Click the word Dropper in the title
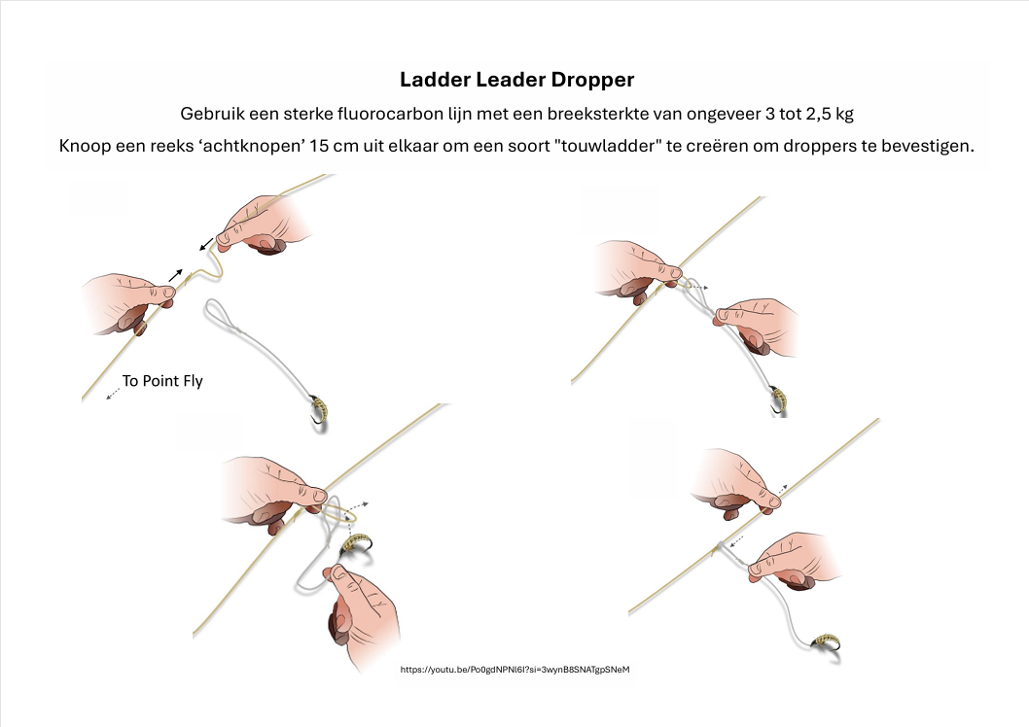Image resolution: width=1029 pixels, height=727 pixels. pos(592,80)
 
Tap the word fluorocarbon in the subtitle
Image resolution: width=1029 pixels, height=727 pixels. pos(390,114)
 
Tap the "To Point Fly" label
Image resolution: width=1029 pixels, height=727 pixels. pos(162,381)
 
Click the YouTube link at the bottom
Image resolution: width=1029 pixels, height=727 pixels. pos(514,670)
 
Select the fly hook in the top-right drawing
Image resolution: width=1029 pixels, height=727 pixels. pos(778,400)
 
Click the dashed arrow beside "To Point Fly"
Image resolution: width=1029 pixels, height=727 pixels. pos(113,394)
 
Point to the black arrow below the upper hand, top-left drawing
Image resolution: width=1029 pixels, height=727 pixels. pos(206,244)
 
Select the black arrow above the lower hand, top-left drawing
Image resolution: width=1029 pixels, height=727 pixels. pos(175,275)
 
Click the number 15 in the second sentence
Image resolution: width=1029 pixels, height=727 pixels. pos(320,145)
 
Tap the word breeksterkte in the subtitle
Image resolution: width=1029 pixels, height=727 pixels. pos(598,114)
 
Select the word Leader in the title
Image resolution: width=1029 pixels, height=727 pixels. pos(511,80)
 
